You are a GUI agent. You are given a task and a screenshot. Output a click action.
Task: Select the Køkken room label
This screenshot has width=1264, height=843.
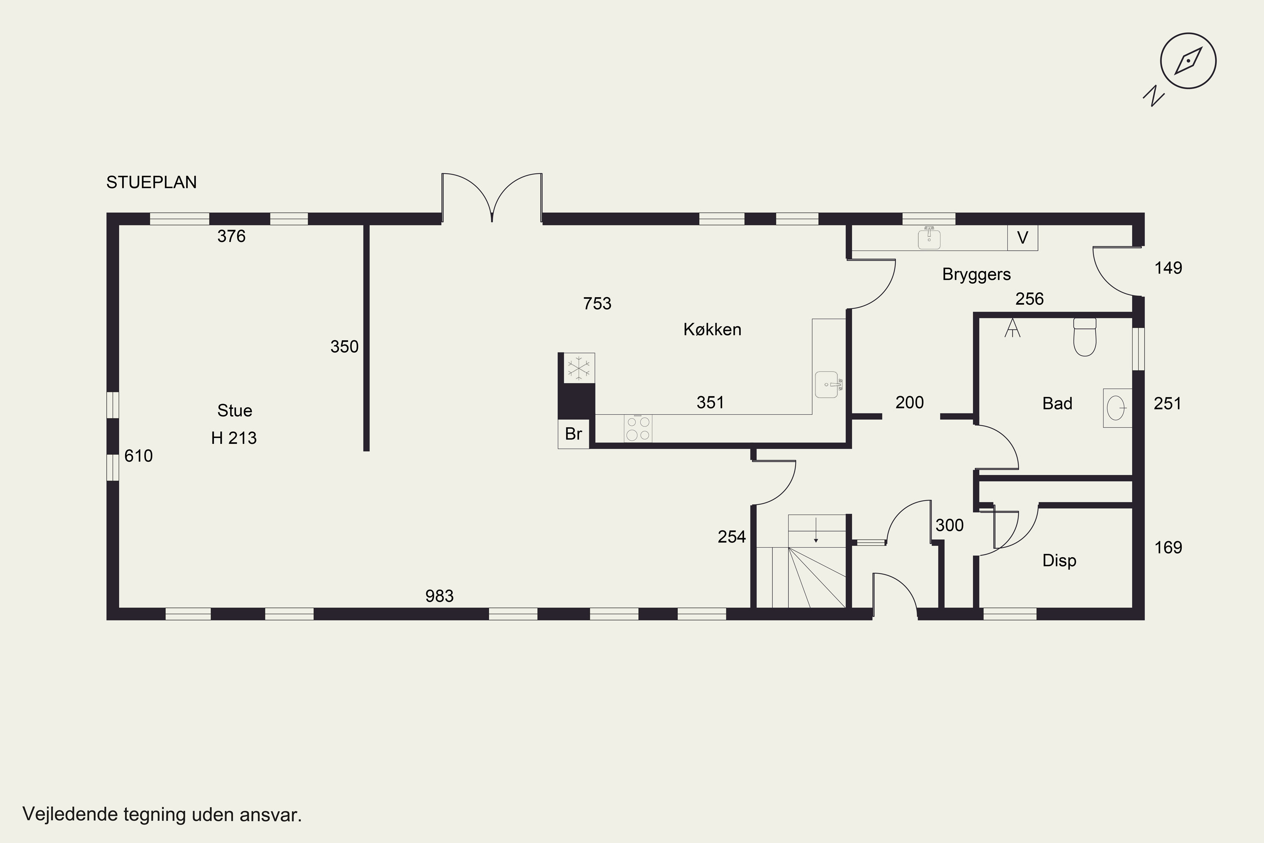click(x=712, y=329)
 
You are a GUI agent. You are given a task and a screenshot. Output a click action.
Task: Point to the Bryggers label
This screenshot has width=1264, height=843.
click(x=977, y=274)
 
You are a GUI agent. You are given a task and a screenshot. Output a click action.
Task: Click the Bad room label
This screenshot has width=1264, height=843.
click(x=1057, y=403)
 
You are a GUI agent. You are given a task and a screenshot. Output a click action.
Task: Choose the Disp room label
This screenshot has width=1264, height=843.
click(x=1059, y=560)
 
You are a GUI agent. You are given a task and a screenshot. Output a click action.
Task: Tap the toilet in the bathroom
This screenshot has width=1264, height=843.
click(x=1085, y=337)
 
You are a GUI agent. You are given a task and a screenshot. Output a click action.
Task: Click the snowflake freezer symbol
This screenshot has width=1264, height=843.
click(x=579, y=368)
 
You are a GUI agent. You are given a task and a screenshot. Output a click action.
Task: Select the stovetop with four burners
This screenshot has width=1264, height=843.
click(x=638, y=429)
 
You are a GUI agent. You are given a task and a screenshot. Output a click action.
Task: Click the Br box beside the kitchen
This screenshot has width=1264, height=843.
click(x=573, y=433)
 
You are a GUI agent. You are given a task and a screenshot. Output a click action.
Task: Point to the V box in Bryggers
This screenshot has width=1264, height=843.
click(x=1023, y=238)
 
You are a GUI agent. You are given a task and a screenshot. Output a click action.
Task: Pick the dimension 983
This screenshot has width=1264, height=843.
click(x=439, y=596)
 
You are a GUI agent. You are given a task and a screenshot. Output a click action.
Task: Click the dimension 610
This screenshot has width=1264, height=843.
click(x=139, y=456)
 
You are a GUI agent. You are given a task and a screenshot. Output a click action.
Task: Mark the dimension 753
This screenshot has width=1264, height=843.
click(x=597, y=304)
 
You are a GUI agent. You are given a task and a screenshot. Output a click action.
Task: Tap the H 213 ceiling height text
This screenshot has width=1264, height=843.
click(x=234, y=438)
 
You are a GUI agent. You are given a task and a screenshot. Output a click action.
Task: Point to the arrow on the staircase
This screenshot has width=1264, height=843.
click(x=816, y=529)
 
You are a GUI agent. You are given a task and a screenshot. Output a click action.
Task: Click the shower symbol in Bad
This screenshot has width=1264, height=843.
click(x=1012, y=328)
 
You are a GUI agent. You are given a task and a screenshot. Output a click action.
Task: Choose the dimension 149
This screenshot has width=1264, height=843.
click(x=1168, y=268)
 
